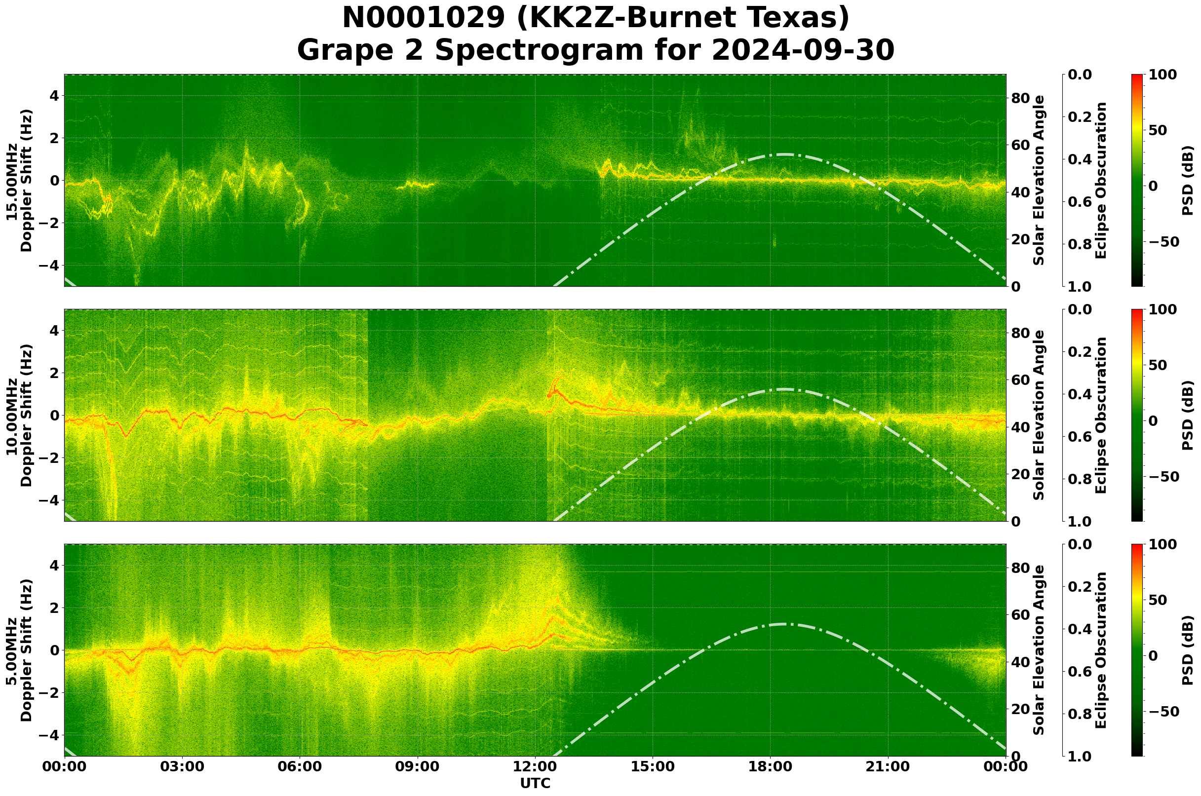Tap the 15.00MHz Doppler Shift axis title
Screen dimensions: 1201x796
(19, 181)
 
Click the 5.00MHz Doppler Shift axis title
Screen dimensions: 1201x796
(19, 650)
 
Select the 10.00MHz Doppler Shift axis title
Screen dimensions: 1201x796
(19, 415)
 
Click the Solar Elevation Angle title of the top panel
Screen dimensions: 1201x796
(1040, 180)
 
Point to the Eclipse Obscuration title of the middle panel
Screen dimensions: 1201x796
(1101, 415)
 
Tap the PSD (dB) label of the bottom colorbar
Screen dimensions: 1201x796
(1188, 650)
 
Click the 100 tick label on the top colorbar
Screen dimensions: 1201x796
(1162, 75)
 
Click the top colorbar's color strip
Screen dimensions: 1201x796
(1137, 180)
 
